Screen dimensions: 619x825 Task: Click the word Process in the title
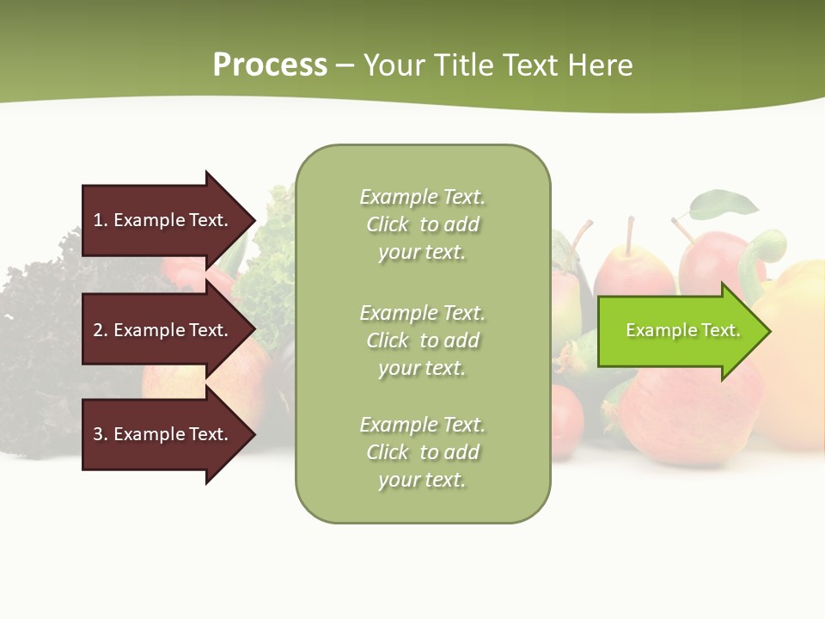[270, 65]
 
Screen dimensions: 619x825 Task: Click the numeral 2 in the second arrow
[98, 330]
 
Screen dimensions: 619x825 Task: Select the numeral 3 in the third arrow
[98, 434]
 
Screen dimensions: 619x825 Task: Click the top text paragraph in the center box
[422, 224]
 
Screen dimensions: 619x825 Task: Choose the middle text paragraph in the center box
[422, 340]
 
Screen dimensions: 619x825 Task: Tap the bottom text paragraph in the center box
[422, 452]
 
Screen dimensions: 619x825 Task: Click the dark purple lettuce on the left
[43, 344]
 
